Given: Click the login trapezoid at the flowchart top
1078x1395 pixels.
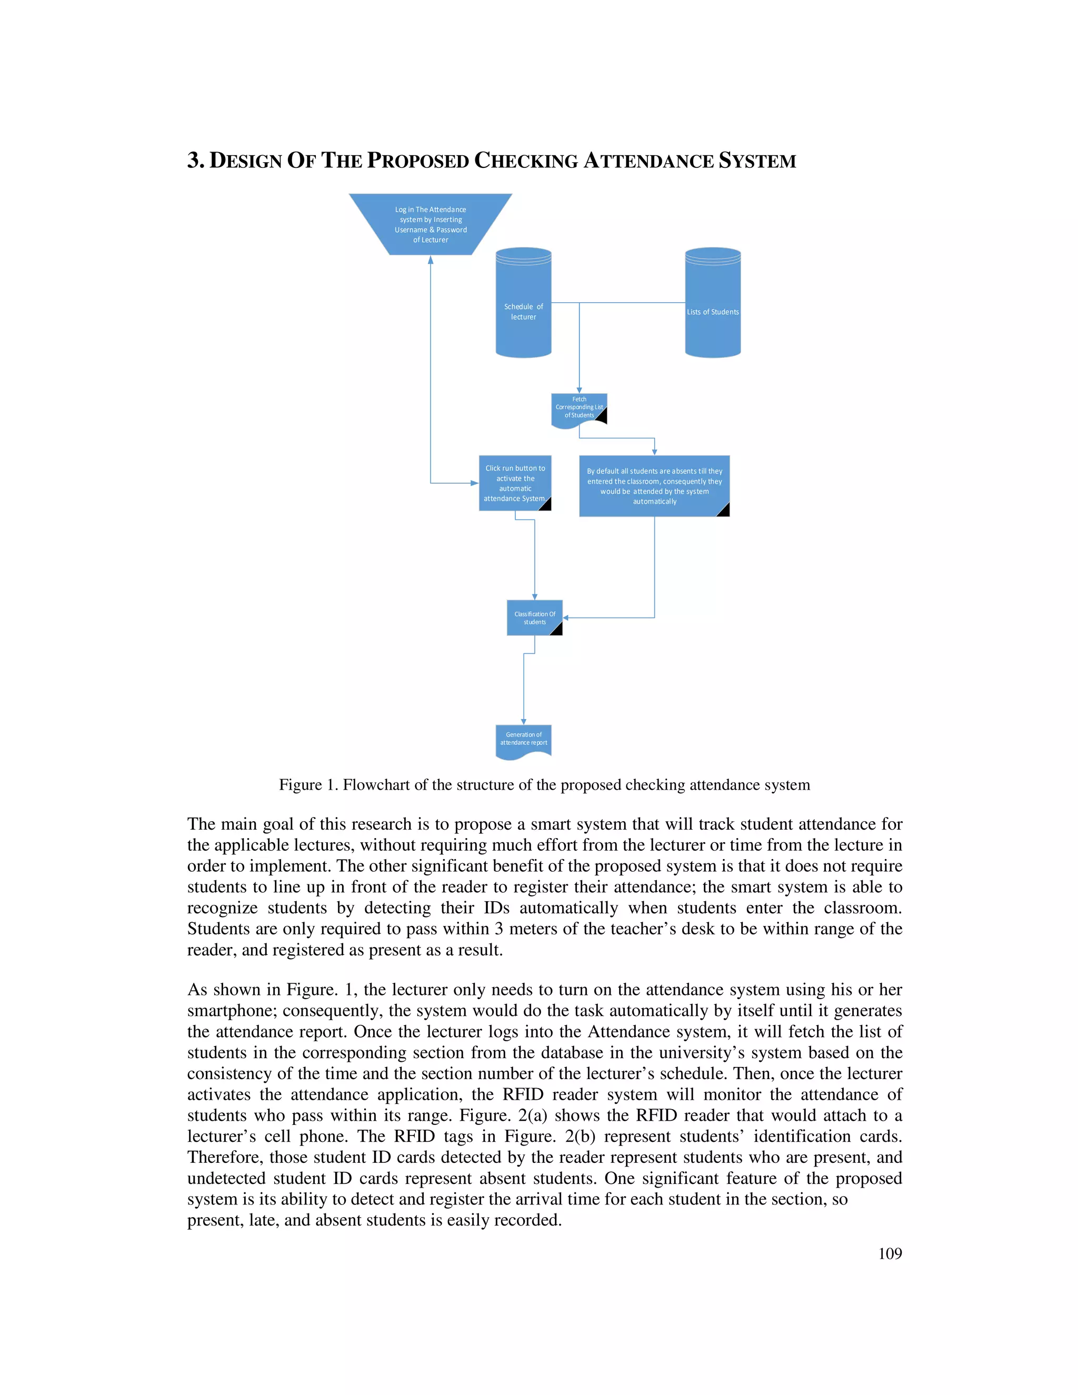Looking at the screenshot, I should point(431,224).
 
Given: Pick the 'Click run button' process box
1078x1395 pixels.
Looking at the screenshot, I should point(514,483).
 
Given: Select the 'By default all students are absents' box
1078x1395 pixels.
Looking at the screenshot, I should point(654,485).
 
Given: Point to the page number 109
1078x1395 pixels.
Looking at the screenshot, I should point(890,1253).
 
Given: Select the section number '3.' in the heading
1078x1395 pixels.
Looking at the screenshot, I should point(195,161).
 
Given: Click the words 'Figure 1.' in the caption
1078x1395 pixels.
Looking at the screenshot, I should point(308,784).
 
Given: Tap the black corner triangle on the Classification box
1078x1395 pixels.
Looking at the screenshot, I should point(556,629).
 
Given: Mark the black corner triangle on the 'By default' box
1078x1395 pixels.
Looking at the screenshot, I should point(724,510).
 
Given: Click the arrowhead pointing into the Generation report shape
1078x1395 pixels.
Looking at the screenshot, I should point(524,721).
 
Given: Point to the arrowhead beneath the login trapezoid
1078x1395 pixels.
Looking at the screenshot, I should point(431,260).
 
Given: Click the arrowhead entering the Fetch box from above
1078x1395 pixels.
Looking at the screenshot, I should point(579,390).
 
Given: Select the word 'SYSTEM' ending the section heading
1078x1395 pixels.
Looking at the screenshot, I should point(758,161).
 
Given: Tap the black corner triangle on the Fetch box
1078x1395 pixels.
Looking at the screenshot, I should point(601,416).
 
